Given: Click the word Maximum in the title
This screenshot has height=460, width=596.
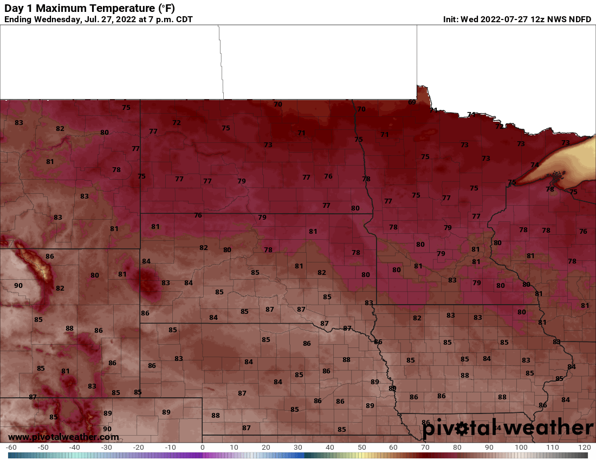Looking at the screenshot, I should click(62, 8).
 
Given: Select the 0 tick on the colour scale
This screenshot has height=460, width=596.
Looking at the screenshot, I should click(202, 448).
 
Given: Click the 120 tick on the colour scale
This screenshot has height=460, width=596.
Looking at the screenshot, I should click(584, 448).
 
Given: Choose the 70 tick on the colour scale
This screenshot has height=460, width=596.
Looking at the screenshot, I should click(425, 448).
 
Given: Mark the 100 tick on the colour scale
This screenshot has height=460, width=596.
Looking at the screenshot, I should click(521, 448).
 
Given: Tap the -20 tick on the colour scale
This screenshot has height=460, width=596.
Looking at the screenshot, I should click(138, 448).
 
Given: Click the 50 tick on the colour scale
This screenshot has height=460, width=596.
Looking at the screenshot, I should click(361, 448).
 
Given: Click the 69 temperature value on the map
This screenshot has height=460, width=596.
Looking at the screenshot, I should click(412, 102).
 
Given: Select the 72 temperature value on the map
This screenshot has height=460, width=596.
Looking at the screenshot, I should click(177, 123).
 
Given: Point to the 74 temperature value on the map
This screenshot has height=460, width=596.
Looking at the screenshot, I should click(535, 165).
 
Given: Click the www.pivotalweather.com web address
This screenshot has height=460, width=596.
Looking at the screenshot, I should click(63, 437).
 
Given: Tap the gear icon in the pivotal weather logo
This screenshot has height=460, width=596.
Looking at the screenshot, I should click(462, 429).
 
